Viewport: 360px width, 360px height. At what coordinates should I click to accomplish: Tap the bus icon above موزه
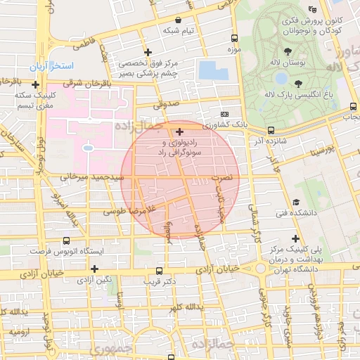point(234,39)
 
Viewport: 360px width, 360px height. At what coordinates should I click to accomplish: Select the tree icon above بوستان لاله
point(288,51)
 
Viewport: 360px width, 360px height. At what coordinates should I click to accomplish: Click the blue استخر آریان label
point(52,66)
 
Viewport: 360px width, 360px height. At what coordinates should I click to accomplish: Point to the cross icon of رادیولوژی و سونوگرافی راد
point(180,131)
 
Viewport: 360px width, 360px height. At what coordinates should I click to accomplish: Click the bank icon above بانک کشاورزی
point(225,114)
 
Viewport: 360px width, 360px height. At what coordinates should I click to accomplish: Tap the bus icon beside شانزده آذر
point(271,130)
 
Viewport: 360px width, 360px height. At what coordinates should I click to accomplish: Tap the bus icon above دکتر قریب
point(159,271)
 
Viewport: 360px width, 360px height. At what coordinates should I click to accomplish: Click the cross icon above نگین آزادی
point(94,269)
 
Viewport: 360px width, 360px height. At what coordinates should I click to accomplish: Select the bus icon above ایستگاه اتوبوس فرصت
point(66,240)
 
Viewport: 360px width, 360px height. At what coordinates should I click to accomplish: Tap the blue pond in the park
point(212,70)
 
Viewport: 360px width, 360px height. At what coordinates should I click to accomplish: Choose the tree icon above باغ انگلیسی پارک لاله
point(298,82)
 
